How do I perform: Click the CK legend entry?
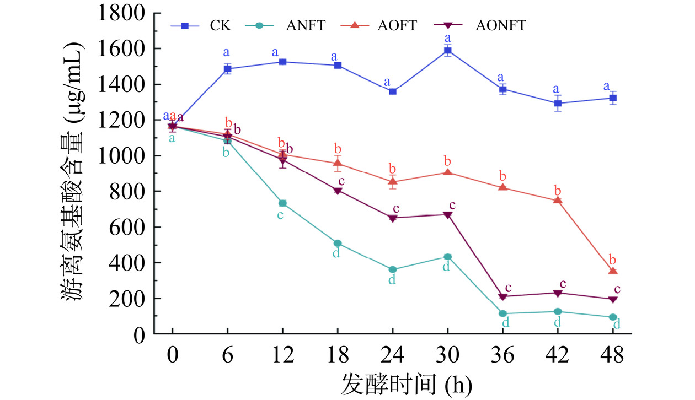pos(201,25)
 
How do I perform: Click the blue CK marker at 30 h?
pos(448,52)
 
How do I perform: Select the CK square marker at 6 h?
pos(227,69)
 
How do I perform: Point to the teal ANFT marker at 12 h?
pos(282,203)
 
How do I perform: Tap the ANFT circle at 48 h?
pos(613,317)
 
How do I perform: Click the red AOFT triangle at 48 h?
pos(613,271)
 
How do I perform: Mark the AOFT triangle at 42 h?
pos(558,200)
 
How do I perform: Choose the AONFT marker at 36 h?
pos(502,297)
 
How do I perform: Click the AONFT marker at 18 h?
pos(338,191)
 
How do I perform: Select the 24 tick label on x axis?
pos(393,355)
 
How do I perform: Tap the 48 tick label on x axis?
pos(613,355)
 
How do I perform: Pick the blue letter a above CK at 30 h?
pos(448,39)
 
